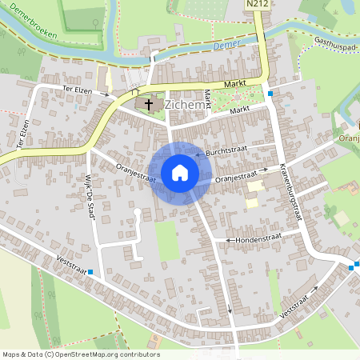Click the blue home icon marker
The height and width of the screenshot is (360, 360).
pos(179,173)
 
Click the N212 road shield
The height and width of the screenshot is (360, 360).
pos(256,5)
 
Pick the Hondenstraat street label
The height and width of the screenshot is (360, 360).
pos(258,239)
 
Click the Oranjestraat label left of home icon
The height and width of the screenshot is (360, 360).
pos(134,173)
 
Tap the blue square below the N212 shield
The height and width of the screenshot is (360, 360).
pos(270,94)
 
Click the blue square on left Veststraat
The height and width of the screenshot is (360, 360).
pos(90,272)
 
